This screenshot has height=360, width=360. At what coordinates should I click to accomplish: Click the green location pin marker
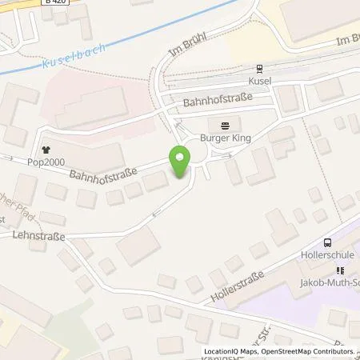[179, 163]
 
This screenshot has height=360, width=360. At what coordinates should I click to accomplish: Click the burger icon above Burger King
[225, 125]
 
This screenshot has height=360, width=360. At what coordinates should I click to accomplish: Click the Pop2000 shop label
[47, 161]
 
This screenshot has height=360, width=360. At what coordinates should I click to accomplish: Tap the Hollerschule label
[327, 257]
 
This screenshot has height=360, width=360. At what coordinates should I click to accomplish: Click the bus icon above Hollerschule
[327, 243]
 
